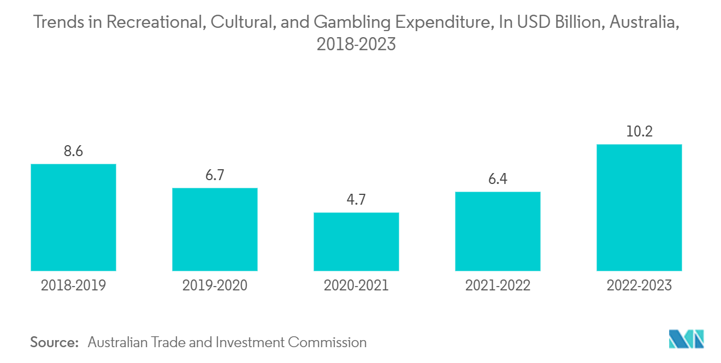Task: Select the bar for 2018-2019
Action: [73, 217]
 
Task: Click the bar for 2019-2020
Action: [215, 229]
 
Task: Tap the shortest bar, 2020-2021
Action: [356, 241]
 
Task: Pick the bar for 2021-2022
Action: [498, 231]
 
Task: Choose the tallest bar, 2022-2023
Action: [639, 207]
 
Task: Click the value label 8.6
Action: [73, 151]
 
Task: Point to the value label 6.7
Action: [215, 175]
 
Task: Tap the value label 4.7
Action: [356, 200]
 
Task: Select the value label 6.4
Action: [498, 179]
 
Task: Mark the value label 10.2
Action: [639, 132]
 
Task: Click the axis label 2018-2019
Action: [73, 285]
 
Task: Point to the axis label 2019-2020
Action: [215, 285]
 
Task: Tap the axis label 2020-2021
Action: [356, 285]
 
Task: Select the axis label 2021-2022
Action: [498, 285]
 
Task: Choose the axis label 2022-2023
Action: [639, 285]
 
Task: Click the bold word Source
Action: [55, 342]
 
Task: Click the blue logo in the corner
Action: [687, 339]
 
